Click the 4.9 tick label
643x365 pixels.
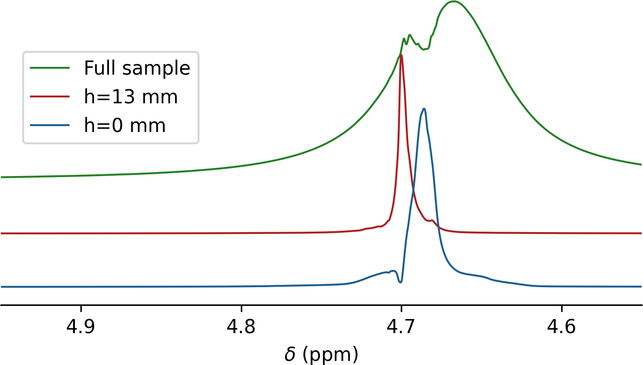(81, 328)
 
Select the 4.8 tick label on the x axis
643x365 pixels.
(241, 328)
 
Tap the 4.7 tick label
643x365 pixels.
(402, 328)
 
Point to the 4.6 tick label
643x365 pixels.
(562, 328)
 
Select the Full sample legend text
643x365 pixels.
(137, 68)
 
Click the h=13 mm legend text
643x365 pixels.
(130, 96)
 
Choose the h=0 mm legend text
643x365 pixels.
(125, 125)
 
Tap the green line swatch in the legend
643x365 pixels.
(50, 68)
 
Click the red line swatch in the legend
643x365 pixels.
(50, 96)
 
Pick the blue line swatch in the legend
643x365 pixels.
(50, 125)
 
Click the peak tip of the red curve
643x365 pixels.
(401, 55)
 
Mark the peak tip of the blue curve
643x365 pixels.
(424, 108)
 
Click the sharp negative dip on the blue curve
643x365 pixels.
(400, 283)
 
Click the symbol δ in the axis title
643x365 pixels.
(289, 355)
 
